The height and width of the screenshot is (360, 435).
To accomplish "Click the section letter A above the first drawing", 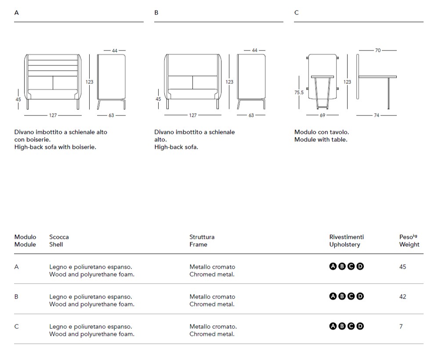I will click(16, 13).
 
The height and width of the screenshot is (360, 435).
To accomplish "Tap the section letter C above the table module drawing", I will click(297, 13).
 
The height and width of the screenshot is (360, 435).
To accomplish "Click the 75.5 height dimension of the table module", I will click(299, 93).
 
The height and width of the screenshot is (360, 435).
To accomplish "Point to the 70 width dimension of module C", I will click(378, 50).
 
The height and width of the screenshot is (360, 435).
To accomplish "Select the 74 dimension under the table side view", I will click(377, 115).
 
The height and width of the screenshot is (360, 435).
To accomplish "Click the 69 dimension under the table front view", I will click(323, 115).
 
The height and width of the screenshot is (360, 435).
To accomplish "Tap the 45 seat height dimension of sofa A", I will click(18, 100).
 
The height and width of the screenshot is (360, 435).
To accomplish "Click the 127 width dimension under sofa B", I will click(193, 115).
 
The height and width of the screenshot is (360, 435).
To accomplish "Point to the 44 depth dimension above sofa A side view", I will click(115, 50).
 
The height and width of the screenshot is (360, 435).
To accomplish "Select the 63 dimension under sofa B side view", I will click(251, 115).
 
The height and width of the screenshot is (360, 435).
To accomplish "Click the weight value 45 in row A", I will click(403, 266).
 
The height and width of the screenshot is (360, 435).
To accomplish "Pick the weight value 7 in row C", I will click(401, 326).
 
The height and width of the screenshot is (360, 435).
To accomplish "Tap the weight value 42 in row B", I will click(403, 296).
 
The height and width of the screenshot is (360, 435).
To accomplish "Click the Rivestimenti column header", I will click(347, 237).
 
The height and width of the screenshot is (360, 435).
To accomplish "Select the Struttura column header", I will click(202, 237).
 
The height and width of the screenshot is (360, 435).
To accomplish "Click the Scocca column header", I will click(59, 237).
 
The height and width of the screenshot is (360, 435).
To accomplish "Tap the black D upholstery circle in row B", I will click(360, 296).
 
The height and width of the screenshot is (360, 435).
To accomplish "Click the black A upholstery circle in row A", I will click(333, 266).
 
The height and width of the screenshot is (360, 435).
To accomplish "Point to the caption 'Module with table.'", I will click(320, 140).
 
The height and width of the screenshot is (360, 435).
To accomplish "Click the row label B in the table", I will click(16, 296).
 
